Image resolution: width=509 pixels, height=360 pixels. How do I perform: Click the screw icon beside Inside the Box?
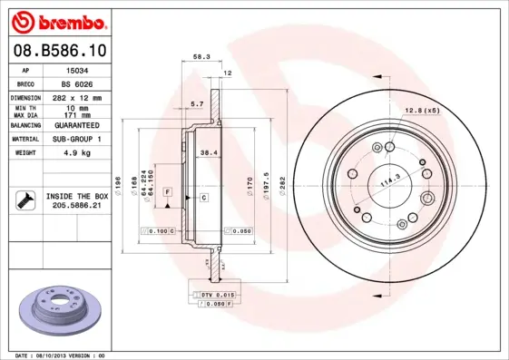point(24,199)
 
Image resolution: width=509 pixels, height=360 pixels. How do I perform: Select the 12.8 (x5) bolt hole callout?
point(421,111)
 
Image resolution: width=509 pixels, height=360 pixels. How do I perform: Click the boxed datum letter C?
point(205,197)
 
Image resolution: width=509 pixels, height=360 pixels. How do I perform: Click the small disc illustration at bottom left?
point(61,307)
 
